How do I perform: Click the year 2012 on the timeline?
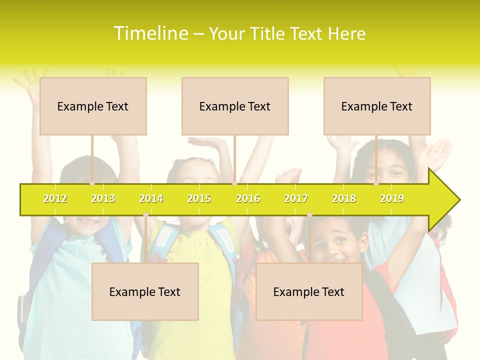point(55,198)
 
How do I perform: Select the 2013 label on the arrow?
point(103,198)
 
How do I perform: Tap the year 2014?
point(151,198)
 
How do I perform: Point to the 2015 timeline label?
point(199,198)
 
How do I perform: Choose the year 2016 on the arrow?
point(248,198)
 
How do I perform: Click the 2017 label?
point(296,198)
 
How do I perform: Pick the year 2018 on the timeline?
point(344,198)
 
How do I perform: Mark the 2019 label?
point(392,198)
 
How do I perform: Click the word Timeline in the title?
point(150,33)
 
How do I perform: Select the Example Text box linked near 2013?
point(93,106)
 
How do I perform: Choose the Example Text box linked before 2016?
point(235,106)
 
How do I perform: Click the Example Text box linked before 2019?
point(377,106)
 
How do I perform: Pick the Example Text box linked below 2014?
point(145,291)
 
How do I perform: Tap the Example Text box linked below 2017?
point(309,291)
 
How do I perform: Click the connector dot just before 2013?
point(92,183)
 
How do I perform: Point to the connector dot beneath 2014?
point(145,215)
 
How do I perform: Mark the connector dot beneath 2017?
point(309,215)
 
